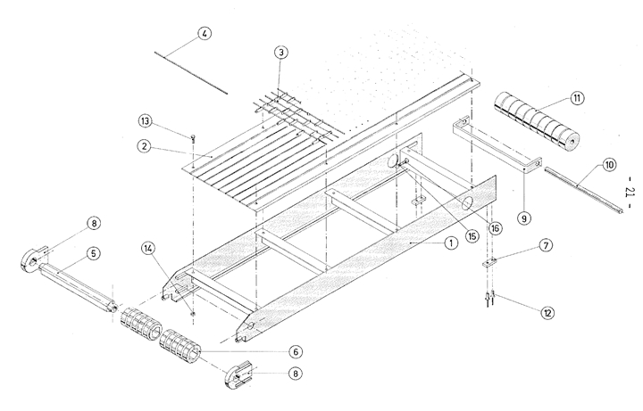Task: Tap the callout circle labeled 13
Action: (x=146, y=120)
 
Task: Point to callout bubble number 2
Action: (x=145, y=146)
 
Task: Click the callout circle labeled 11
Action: (x=577, y=99)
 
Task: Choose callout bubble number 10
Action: (x=609, y=164)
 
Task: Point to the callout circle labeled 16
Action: (x=495, y=227)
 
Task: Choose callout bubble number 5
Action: (x=96, y=253)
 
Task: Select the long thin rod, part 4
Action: (x=192, y=72)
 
